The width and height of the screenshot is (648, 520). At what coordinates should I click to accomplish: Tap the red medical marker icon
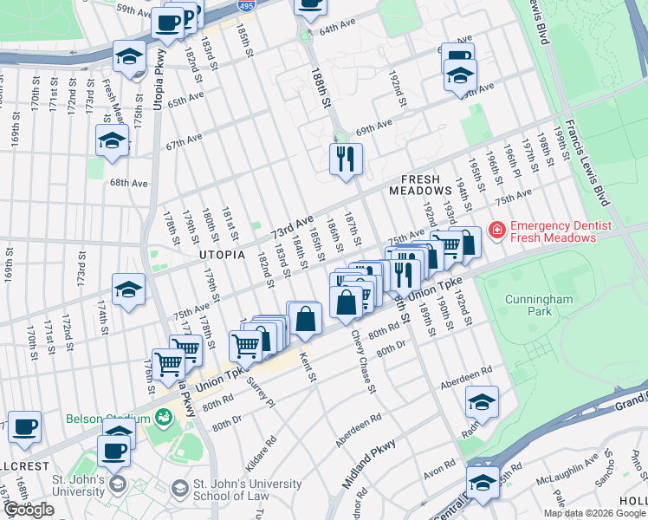pos(496,231)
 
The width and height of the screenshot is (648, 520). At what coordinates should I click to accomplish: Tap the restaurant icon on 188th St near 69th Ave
pos(345,159)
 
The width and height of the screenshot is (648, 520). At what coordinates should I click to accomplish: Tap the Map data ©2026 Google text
pos(593,513)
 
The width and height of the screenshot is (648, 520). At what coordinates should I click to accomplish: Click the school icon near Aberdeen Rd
pos(482,402)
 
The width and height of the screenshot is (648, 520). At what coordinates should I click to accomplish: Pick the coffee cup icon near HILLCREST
pos(25,426)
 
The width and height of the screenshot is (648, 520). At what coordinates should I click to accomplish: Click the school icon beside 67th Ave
pos(112,140)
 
